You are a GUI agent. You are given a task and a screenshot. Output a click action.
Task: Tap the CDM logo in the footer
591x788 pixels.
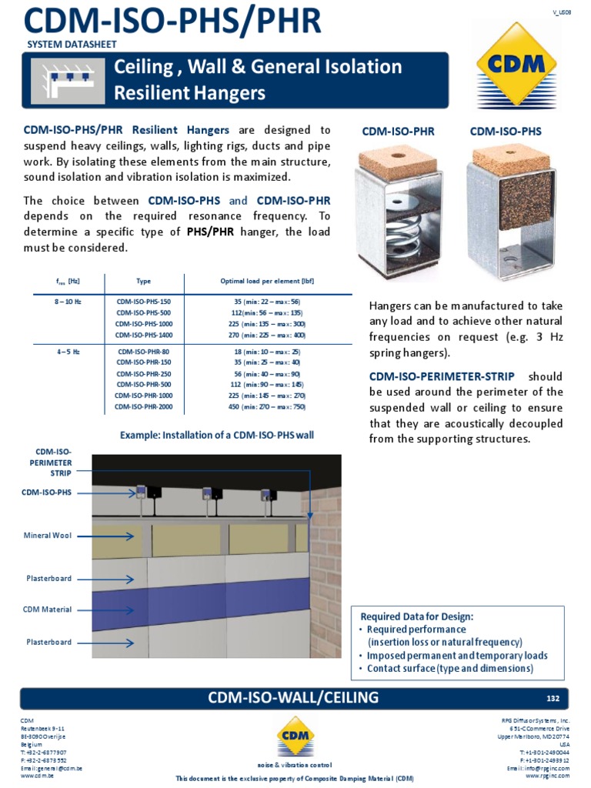[x=295, y=736]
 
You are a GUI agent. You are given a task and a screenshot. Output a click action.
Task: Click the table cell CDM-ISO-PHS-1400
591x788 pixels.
[x=144, y=335]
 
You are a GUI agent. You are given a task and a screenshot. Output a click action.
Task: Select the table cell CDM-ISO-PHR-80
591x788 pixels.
[x=144, y=351]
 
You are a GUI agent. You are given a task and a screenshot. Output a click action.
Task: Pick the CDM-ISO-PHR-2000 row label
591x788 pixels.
[x=144, y=406]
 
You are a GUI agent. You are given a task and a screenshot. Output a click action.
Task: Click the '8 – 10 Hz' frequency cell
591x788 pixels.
[x=68, y=302]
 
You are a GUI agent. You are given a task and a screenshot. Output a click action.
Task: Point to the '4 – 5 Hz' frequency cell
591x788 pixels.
[x=68, y=351]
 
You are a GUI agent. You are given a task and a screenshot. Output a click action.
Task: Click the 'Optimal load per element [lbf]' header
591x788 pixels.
[x=267, y=281]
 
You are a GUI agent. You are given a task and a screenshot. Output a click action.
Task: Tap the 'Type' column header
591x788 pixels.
[x=144, y=281]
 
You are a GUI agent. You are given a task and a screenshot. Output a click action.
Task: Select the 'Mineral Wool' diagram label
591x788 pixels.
[x=48, y=535]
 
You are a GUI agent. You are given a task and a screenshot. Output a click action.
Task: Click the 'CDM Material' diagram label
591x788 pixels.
[x=48, y=609]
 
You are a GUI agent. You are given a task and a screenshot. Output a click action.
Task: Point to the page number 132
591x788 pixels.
[x=553, y=698]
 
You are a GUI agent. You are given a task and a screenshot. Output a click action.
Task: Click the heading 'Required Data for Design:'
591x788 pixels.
[x=417, y=616]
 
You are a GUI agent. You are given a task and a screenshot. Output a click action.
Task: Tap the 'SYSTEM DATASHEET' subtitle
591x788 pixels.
[x=72, y=45]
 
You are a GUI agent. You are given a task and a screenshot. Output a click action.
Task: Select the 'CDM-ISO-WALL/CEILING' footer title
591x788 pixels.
[x=293, y=698]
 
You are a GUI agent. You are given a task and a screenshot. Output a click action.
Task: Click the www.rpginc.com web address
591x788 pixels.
[x=547, y=776]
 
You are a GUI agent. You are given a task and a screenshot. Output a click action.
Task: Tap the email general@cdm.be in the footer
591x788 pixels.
[x=52, y=768]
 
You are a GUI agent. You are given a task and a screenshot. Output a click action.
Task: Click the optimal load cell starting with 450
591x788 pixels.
[x=267, y=406]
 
